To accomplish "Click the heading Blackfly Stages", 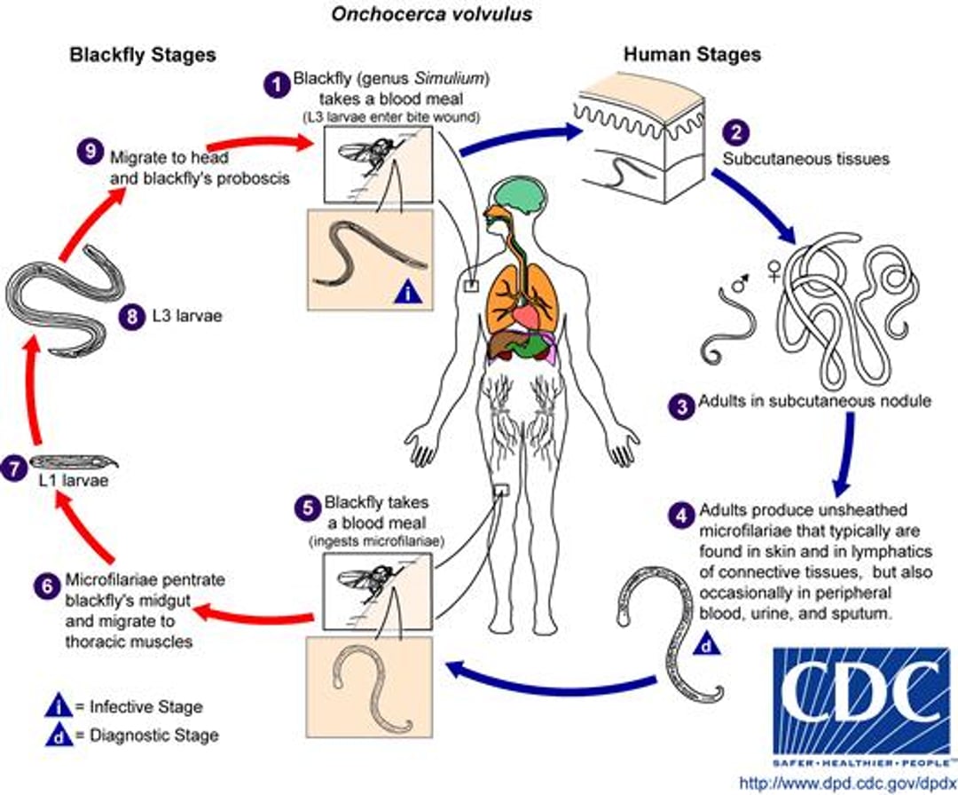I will (143, 54).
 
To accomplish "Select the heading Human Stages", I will (692, 54).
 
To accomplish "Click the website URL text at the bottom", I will (848, 783).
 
